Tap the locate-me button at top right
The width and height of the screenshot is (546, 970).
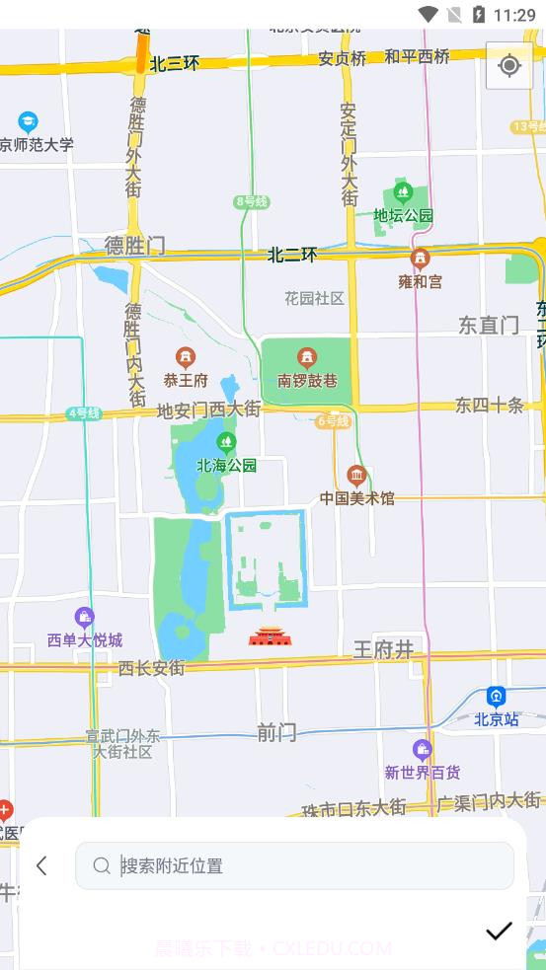509,66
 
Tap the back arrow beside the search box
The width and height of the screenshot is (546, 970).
41,865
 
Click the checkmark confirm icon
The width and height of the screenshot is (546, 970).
499,931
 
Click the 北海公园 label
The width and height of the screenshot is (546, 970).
226,465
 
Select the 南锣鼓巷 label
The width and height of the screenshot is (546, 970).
307,380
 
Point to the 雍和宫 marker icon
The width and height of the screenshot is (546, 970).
421,260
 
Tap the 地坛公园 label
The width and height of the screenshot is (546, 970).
403,215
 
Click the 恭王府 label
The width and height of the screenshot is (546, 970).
186,380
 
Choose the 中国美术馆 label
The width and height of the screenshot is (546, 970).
356,498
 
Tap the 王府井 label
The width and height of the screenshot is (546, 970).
383,648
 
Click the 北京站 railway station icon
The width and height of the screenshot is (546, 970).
496,697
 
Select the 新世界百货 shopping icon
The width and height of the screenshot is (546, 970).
423,750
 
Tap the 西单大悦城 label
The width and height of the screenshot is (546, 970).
85,640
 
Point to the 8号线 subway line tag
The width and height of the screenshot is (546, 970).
251,201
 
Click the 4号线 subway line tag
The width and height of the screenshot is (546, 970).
84,413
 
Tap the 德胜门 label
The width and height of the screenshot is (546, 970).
135,246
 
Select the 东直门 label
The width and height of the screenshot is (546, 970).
489,325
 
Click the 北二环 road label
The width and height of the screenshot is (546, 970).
292,255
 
